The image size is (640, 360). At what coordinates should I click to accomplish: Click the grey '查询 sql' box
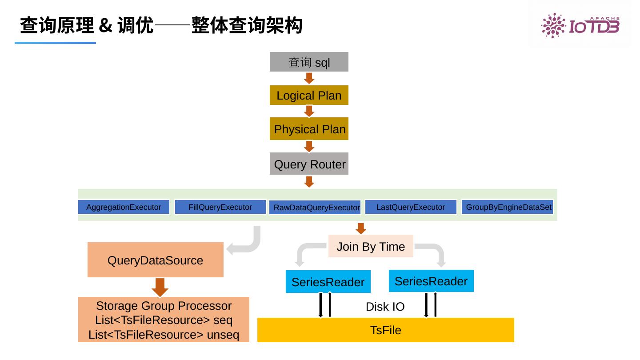309,62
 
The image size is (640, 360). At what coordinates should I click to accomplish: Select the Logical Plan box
309,95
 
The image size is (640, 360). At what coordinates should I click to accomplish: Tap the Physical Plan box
309,129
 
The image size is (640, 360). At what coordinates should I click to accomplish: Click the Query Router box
309,164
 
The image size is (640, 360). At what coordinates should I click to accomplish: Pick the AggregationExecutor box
124,207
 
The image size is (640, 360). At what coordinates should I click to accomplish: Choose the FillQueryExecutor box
220,207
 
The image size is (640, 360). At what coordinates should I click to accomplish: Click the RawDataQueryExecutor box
316,208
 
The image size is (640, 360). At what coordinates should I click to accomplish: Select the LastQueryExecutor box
410,207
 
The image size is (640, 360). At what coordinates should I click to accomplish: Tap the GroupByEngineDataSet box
508,207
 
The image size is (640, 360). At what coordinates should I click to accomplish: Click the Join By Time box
371,246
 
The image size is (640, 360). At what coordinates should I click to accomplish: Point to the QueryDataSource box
155,260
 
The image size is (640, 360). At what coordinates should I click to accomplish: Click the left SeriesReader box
328,282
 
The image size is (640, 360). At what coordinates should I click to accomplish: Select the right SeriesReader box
431,281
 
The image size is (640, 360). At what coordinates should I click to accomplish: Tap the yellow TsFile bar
385,330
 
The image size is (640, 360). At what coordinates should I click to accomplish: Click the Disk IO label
385,307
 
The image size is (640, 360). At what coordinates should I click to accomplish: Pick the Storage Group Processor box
164,320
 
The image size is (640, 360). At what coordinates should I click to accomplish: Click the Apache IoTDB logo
580,25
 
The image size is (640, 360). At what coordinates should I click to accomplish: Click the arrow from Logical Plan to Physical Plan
309,111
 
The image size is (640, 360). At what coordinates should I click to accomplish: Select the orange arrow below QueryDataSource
160,287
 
